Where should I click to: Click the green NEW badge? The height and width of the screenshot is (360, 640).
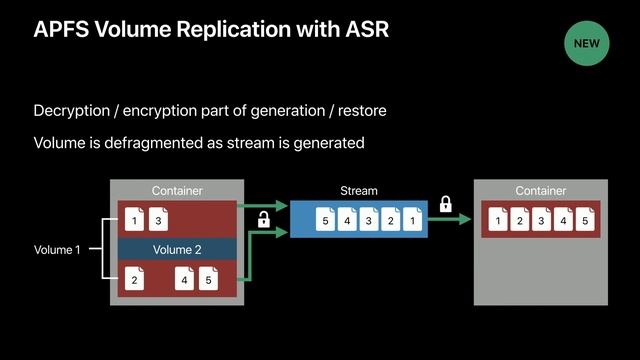point(586,43)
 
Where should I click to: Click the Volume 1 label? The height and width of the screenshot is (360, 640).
point(57,250)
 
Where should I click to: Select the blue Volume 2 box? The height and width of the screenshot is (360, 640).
point(176,250)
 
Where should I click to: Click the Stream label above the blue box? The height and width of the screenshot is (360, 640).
point(359,191)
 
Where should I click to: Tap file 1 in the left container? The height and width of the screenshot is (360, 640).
point(134,220)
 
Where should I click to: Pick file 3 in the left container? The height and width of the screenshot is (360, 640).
point(157,220)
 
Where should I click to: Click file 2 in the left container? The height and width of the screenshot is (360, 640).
point(134,281)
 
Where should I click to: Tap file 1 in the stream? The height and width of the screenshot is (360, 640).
point(413,219)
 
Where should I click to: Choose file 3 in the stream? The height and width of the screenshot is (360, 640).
point(370,219)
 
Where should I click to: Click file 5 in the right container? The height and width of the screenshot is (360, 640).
point(583,219)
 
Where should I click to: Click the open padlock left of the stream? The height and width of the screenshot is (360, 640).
point(265,219)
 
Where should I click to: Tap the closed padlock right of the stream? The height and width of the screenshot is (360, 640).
point(446,205)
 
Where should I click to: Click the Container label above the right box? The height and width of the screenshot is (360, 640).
point(540,191)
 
